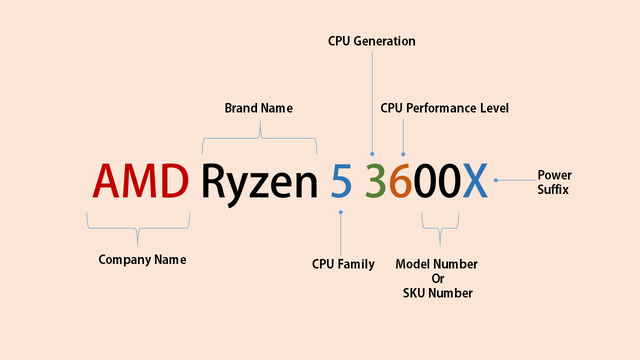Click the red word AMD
(140, 181)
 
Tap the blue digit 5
(341, 181)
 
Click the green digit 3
(374, 181)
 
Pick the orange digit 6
(401, 181)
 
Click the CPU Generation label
(371, 41)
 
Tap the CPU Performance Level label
(445, 108)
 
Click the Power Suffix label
(555, 181)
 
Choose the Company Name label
(142, 260)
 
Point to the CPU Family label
(343, 264)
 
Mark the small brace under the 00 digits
(439, 235)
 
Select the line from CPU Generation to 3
(372, 100)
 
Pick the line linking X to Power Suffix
(515, 181)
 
